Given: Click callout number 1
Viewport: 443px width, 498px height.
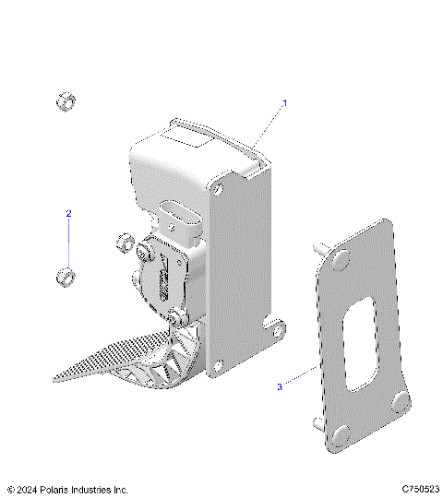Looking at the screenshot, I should [x=285, y=103].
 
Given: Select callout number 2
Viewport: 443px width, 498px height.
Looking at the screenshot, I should [x=67, y=213].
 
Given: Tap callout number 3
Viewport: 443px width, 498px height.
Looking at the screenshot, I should [x=281, y=387].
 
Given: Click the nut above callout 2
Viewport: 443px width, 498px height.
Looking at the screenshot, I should [x=66, y=101].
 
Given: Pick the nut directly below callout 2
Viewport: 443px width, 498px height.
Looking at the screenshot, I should [x=66, y=276].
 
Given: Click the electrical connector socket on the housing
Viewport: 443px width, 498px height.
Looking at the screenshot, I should [x=176, y=221].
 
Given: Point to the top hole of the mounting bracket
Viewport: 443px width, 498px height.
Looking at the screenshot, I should [x=218, y=188].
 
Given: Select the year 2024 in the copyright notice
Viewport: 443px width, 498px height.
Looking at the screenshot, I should [x=30, y=489].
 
